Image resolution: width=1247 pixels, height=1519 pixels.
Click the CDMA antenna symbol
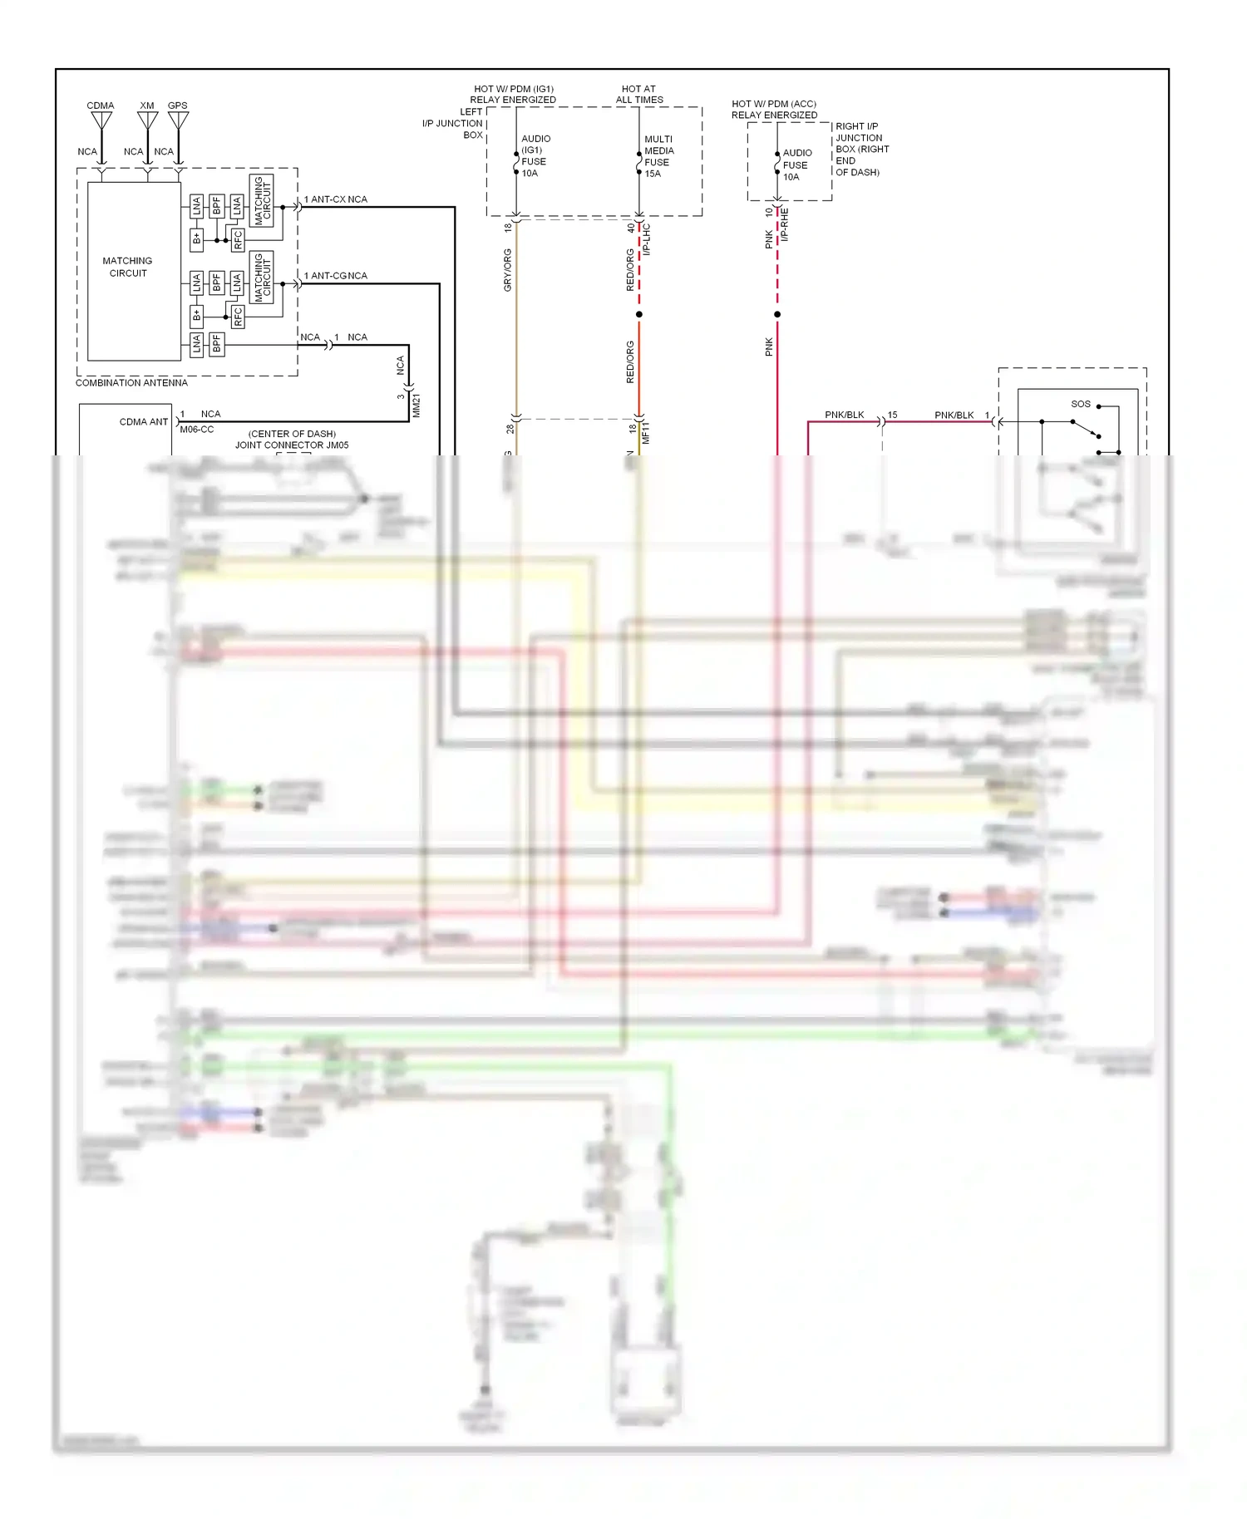[x=101, y=121]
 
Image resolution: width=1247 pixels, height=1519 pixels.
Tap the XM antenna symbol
[x=147, y=121]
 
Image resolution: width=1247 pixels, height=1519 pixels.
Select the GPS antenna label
[x=178, y=106]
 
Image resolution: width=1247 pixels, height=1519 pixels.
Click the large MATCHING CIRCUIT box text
[x=127, y=267]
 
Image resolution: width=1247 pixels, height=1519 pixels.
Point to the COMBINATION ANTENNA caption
[x=131, y=383]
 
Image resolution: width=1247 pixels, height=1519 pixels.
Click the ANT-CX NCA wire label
[x=336, y=199]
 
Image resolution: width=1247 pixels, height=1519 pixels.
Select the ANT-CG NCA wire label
[x=336, y=276]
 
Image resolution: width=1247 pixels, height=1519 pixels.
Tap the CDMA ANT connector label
[x=143, y=422]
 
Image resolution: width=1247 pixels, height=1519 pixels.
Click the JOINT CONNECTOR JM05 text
[x=292, y=445]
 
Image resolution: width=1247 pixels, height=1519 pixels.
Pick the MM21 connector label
[x=416, y=406]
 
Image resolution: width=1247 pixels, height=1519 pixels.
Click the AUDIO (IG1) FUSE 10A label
[x=535, y=156]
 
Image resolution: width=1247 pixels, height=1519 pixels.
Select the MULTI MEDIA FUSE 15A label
[x=658, y=156]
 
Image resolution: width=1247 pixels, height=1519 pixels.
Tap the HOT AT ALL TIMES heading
[x=639, y=94]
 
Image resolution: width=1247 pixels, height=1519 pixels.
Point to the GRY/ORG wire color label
[x=508, y=270]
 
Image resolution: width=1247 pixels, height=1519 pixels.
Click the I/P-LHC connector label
[x=647, y=238]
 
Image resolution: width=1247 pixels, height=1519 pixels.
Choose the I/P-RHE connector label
[x=785, y=225]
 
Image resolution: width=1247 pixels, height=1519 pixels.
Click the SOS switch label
[x=1080, y=405]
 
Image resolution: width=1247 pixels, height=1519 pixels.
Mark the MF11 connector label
[x=646, y=433]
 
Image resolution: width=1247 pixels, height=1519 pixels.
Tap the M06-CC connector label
[x=197, y=430]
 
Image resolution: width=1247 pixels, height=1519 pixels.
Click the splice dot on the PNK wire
[x=777, y=314]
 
